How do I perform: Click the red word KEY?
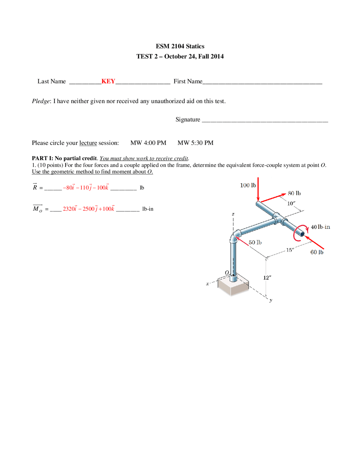108,81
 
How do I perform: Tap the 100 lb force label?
248,185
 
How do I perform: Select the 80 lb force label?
294,193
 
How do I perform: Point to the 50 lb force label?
255,242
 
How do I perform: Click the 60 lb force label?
317,252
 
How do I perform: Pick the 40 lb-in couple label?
320,227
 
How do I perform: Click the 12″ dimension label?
267,278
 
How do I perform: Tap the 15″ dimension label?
290,250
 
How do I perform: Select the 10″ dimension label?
291,203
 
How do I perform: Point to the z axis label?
233,214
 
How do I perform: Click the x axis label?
208,284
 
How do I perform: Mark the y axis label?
271,300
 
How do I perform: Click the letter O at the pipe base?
227,272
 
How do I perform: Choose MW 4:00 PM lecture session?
148,143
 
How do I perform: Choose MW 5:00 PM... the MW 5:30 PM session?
195,143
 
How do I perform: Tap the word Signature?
188,120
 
